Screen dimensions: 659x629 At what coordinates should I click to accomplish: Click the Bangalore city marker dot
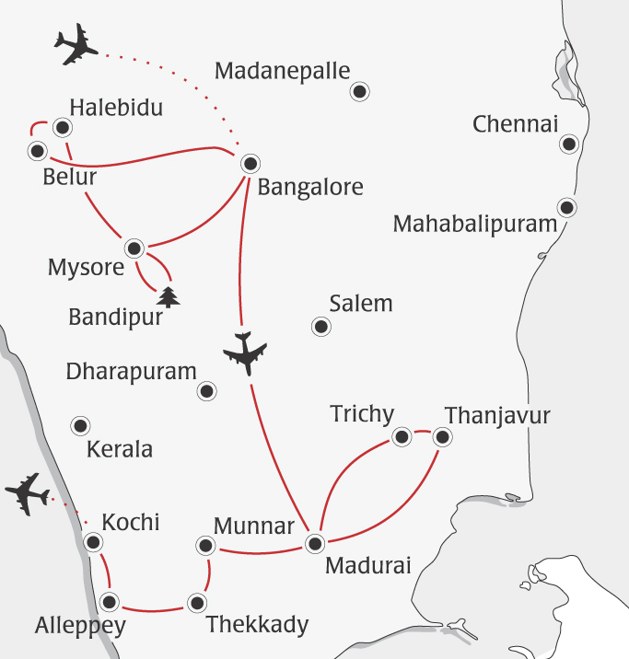(250, 164)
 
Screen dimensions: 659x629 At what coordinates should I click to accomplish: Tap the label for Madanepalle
(282, 71)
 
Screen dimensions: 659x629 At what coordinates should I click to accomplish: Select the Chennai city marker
(570, 145)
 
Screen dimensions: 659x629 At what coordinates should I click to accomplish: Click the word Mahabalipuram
(474, 224)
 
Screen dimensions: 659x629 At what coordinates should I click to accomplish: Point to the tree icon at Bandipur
(168, 297)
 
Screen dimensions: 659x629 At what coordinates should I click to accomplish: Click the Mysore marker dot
(134, 248)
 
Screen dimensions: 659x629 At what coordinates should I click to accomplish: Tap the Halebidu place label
(115, 108)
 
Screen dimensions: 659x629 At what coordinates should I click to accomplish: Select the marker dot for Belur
(38, 150)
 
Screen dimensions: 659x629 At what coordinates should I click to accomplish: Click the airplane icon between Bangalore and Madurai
(245, 353)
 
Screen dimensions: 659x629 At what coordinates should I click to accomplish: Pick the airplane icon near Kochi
(27, 493)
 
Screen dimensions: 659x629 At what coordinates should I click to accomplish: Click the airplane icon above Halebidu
(76, 46)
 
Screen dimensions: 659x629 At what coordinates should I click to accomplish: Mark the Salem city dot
(320, 327)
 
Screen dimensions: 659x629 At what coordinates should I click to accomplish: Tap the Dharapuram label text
(132, 372)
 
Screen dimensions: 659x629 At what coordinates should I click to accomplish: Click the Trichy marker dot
(402, 437)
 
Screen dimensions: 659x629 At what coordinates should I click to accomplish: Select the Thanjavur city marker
(443, 437)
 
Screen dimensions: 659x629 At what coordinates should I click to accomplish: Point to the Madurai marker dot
(315, 542)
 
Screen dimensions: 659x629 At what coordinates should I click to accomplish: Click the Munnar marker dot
(205, 546)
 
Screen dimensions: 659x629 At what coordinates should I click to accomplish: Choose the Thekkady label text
(257, 625)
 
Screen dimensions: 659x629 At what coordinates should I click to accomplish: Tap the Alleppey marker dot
(110, 603)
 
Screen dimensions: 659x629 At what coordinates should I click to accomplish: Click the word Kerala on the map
(119, 450)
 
